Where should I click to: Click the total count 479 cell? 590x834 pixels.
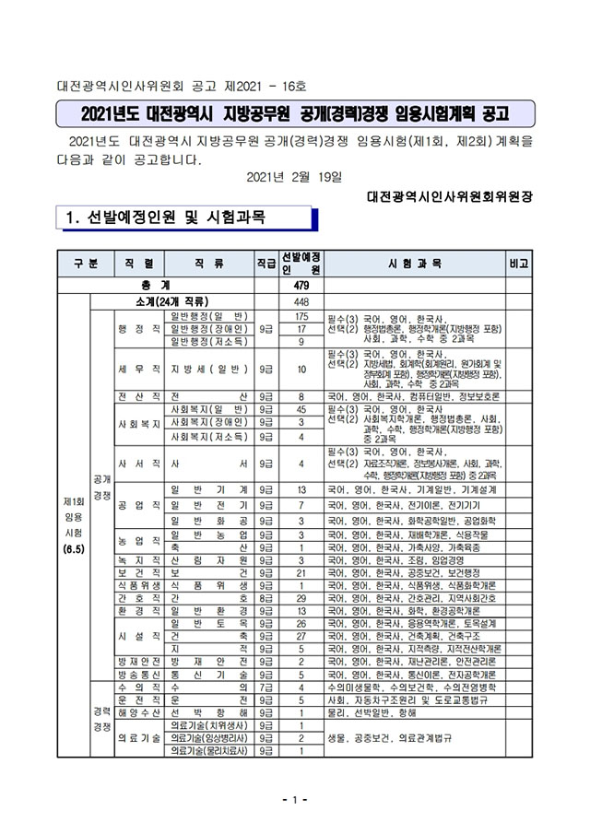300,286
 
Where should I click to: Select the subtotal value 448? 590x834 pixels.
300,301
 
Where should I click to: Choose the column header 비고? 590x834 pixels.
519,263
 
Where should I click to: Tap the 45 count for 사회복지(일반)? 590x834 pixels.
300,408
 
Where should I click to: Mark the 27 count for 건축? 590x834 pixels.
300,636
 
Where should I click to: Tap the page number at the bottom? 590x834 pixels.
295,799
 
